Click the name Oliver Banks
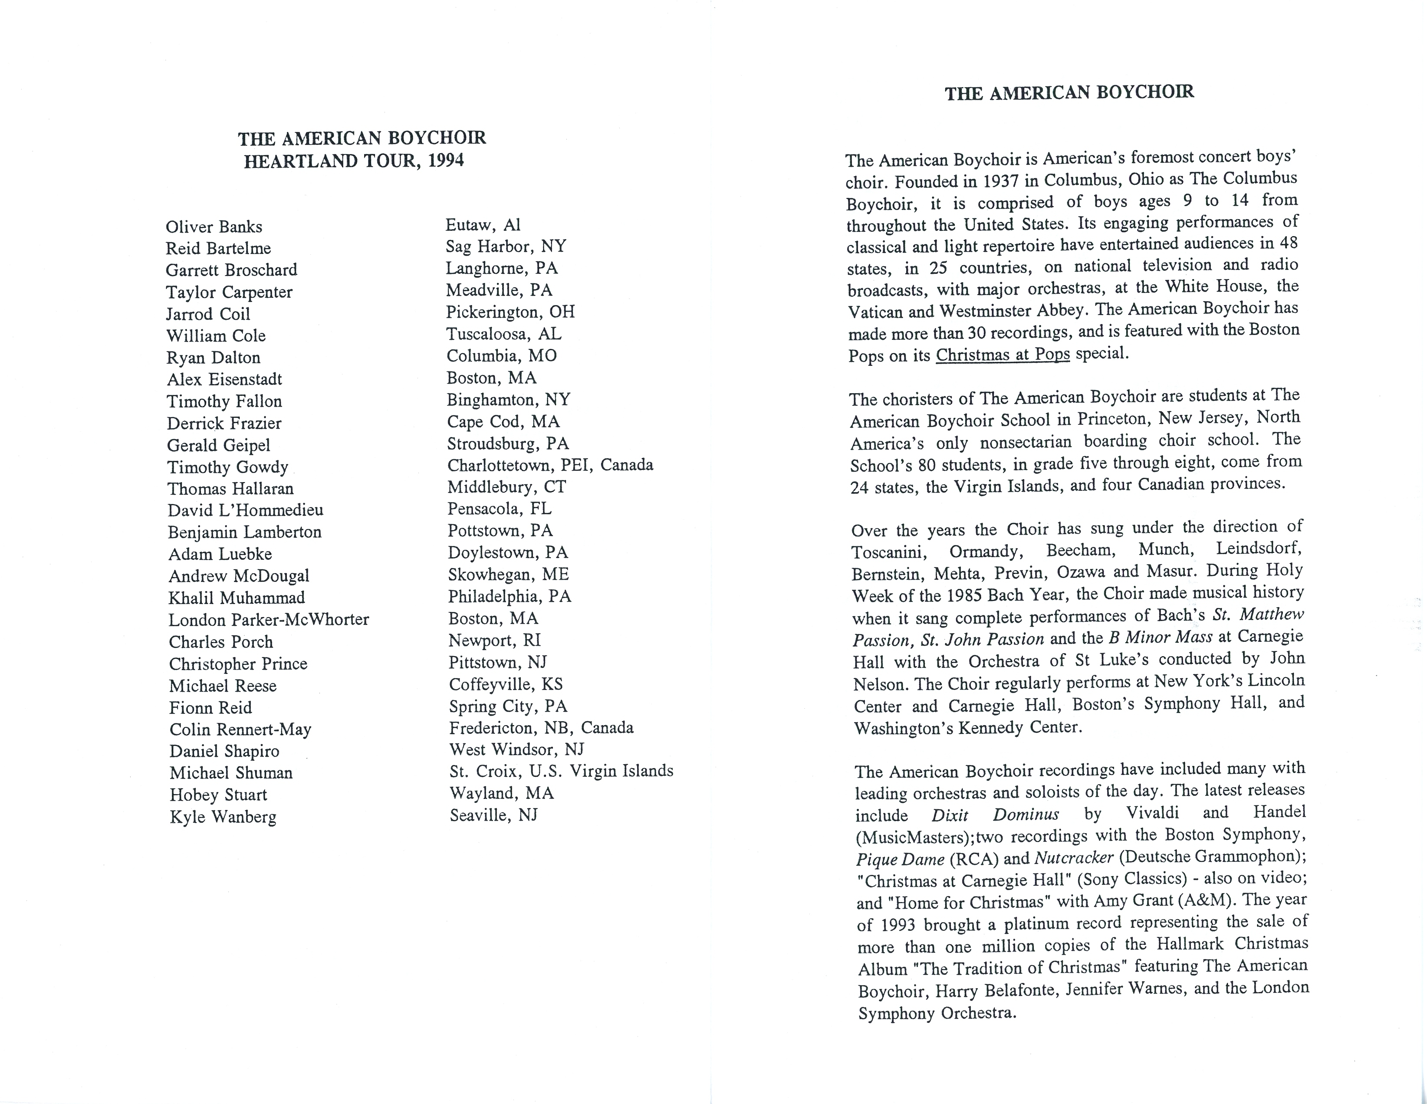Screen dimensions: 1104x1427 point(214,227)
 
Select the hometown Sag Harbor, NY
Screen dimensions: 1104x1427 point(506,246)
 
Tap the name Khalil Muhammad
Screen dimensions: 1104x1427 point(237,598)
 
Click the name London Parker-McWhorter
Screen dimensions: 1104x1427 point(269,619)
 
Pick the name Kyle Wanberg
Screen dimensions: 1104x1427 point(223,817)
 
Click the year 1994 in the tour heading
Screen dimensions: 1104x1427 point(446,161)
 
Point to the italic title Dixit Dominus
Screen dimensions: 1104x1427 point(994,815)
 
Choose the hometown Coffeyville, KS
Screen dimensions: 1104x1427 point(505,684)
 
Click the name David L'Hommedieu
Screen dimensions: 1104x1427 point(245,510)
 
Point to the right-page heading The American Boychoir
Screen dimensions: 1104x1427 point(1069,93)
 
